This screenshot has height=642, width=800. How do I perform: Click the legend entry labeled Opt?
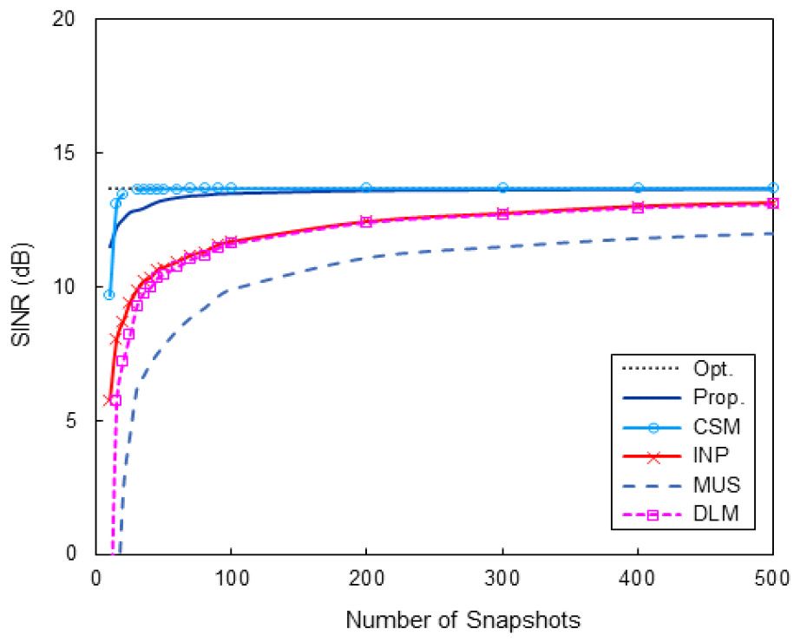click(713, 369)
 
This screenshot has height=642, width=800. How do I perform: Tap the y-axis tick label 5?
click(80, 421)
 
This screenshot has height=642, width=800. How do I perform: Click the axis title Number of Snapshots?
click(462, 620)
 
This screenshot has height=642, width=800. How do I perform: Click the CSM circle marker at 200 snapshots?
click(366, 187)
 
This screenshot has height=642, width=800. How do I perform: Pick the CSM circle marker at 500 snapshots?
click(773, 187)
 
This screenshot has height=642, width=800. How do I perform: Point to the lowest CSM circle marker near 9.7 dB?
click(109, 295)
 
